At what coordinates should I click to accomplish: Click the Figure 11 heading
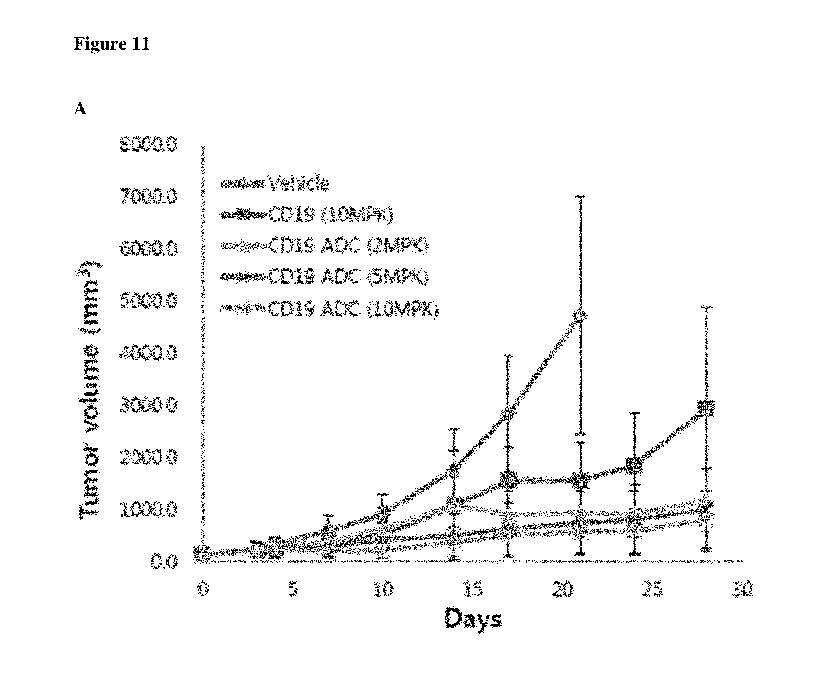[x=111, y=43]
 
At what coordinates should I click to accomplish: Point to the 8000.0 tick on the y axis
[x=148, y=145]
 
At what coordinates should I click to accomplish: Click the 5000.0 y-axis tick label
[x=148, y=301]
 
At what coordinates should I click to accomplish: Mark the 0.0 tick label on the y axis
[x=163, y=562]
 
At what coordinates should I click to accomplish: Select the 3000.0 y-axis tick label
[x=148, y=405]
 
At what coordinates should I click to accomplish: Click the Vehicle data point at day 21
[x=580, y=315]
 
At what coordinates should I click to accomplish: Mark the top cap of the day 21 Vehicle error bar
[x=580, y=196]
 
